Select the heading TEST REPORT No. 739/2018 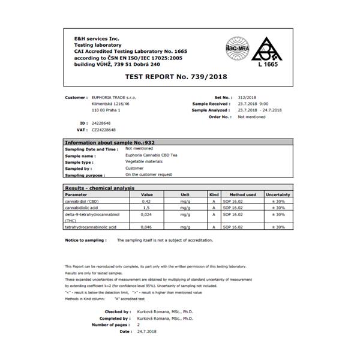[x=179, y=77]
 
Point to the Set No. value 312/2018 [x=247, y=97]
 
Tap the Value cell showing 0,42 [x=145, y=202]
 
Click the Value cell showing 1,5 [x=145, y=208]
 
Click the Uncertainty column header [x=278, y=195]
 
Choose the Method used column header [x=242, y=195]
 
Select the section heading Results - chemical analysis [x=99, y=188]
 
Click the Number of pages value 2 [x=138, y=325]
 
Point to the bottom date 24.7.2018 [x=147, y=331]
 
